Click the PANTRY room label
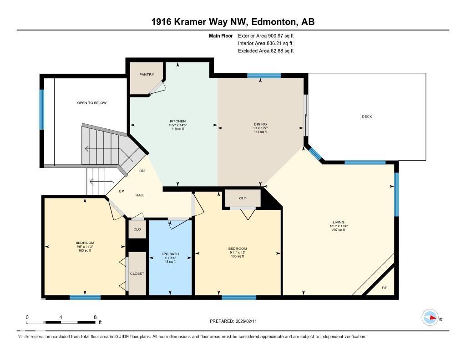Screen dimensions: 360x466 [x=147, y=75]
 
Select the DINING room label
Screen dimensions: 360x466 [x=260, y=124]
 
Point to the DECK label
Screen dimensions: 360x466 [x=367, y=117]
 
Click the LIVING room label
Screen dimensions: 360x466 [x=338, y=222]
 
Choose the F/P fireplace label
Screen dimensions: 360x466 [x=385, y=288]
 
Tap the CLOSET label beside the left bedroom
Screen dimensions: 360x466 [x=137, y=274]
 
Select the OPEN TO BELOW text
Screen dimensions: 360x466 [x=92, y=103]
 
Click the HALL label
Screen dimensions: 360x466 [x=140, y=195]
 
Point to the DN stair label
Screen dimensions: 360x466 [x=142, y=171]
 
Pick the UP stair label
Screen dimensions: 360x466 [x=122, y=191]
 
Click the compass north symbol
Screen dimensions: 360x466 [x=430, y=318]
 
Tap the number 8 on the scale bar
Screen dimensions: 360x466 [x=95, y=317]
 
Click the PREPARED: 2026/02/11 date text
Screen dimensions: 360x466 [x=236, y=321]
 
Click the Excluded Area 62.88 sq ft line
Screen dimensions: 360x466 [x=266, y=51]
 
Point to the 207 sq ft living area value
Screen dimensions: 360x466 [x=338, y=230]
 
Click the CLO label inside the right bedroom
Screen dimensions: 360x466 [x=243, y=198]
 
